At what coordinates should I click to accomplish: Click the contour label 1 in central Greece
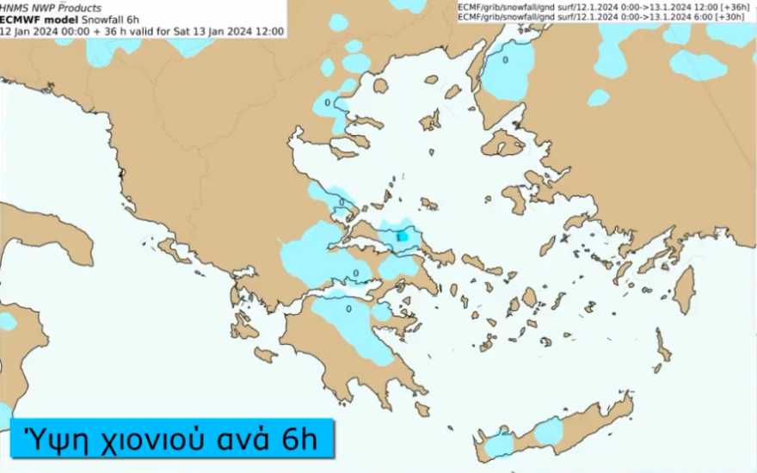399,236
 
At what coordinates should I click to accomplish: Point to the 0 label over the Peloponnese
348,308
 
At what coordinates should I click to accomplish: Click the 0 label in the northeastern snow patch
505,60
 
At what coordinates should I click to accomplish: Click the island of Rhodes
683,291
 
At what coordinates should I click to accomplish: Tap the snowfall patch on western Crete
499,443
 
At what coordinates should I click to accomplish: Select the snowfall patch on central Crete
548,431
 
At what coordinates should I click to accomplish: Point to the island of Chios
516,200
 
